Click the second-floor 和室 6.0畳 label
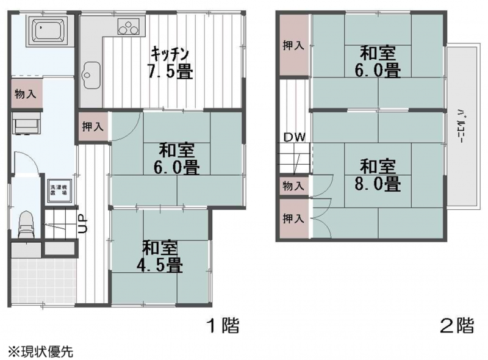378,60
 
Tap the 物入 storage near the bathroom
26,95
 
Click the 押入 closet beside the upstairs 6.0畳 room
293,46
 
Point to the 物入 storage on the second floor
293,185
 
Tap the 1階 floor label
221,325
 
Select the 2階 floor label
457,325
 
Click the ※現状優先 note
40,351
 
